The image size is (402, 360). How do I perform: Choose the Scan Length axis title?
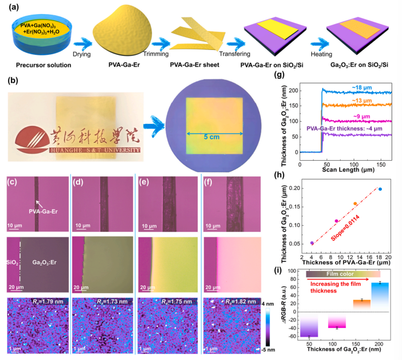coord(345,172)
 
